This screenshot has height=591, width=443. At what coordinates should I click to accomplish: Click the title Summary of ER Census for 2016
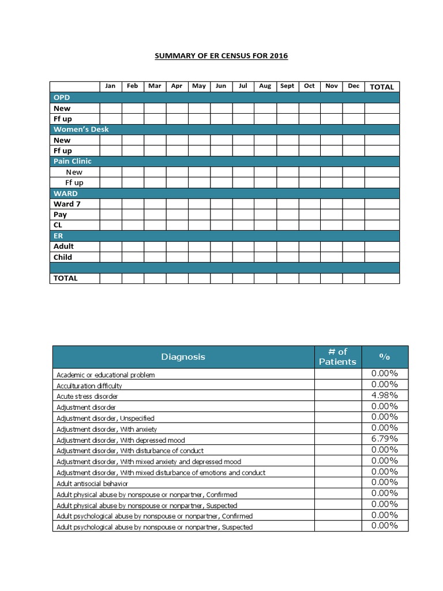pos(221,56)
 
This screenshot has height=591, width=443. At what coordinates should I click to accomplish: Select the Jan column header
pos(110,86)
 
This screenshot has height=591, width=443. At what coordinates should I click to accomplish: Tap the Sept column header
pos(287,86)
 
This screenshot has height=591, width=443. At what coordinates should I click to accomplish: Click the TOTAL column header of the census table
pos(382,87)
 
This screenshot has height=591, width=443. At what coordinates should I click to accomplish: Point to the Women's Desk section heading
pos(81,129)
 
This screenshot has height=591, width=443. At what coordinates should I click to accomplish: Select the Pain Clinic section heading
pos(73,161)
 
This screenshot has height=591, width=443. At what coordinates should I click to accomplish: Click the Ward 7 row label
pos(67,204)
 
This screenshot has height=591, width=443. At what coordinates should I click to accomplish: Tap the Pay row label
pos(61,214)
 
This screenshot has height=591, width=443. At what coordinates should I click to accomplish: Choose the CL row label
pos(58,225)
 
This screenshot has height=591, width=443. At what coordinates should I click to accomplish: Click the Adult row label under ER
pos(63,246)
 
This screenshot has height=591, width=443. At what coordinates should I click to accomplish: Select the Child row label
pos(63,257)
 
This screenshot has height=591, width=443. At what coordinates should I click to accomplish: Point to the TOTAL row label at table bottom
pos(66,278)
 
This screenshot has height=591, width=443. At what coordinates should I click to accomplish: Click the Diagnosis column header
pos(183,357)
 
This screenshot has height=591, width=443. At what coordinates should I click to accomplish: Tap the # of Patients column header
pos(337,357)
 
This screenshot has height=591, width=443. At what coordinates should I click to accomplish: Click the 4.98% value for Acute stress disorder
pos(384,395)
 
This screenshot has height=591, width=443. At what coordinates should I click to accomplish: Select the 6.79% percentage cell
pos(384,439)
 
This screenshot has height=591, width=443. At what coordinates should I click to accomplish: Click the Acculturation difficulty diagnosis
pos(89,386)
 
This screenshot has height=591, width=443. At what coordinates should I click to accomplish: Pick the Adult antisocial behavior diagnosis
pos(92,484)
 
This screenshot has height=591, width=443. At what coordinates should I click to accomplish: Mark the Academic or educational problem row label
pos(106,375)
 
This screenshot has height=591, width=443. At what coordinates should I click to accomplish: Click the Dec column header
pos(354,86)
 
